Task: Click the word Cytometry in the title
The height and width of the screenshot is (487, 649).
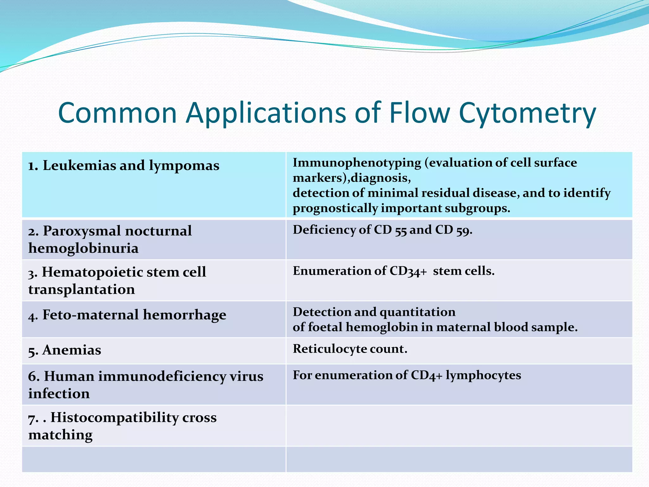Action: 527,114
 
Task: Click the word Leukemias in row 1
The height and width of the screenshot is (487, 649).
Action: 79,166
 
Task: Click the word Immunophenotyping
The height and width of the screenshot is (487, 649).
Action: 357,163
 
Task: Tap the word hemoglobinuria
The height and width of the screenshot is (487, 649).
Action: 83,248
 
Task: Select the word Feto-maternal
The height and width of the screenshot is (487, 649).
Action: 91,315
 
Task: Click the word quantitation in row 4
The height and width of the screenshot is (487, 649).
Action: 417,312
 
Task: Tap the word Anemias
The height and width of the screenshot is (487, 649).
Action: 72,350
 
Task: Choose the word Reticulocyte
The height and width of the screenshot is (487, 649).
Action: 330,349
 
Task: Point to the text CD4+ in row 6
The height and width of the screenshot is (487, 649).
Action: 426,375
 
